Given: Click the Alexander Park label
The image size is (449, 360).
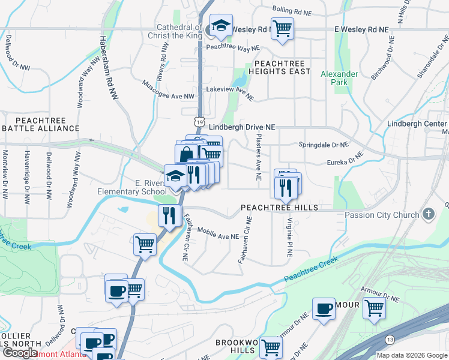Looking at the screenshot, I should (339, 78).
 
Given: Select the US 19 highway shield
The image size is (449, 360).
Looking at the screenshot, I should (198, 121).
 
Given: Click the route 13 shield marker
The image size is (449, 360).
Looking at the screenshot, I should (390, 340).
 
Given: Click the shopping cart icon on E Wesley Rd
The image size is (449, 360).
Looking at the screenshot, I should (282, 28).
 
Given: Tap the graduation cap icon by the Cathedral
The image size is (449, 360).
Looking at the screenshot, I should (221, 26).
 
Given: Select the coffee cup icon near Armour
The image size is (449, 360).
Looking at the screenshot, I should (324, 309).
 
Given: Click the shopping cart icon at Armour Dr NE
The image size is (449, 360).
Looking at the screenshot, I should (375, 308).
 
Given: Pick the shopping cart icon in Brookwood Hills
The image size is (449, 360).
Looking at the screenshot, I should (271, 347).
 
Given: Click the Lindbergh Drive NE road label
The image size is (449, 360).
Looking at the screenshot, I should (242, 127).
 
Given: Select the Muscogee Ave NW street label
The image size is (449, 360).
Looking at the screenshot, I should (168, 91).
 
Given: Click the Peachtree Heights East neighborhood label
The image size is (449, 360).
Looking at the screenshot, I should (282, 67).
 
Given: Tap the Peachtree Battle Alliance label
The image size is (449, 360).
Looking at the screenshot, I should (40, 124).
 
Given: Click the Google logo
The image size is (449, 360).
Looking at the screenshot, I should (20, 353).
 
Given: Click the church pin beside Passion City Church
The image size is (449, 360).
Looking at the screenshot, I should (429, 214).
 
